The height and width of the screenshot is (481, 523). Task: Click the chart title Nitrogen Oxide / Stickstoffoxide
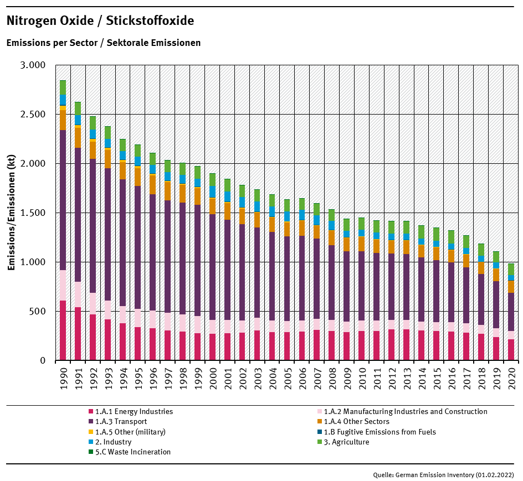[100, 21]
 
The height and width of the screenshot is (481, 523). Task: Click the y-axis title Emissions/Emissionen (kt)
[11, 213]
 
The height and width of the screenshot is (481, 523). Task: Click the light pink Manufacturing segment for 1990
[63, 285]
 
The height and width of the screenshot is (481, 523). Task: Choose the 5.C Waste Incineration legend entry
[132, 452]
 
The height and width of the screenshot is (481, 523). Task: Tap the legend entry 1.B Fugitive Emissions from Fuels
[380, 432]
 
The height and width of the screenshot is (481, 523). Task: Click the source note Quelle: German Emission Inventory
[443, 474]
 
